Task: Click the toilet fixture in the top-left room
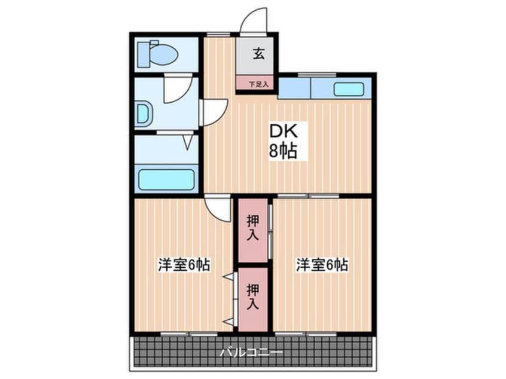point(157,54)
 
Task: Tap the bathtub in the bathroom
point(166,179)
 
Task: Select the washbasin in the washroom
point(144,113)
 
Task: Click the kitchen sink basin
point(349,89)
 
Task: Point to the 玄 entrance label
point(258,54)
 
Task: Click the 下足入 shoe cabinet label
point(258,84)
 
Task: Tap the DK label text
point(284,132)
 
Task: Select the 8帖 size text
point(283,150)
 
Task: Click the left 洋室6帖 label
point(184,265)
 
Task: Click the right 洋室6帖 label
point(322,265)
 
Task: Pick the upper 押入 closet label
point(252,228)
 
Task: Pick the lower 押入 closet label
point(252,297)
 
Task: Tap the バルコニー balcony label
point(251,352)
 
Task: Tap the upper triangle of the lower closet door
point(228,277)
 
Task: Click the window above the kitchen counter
point(317,75)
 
